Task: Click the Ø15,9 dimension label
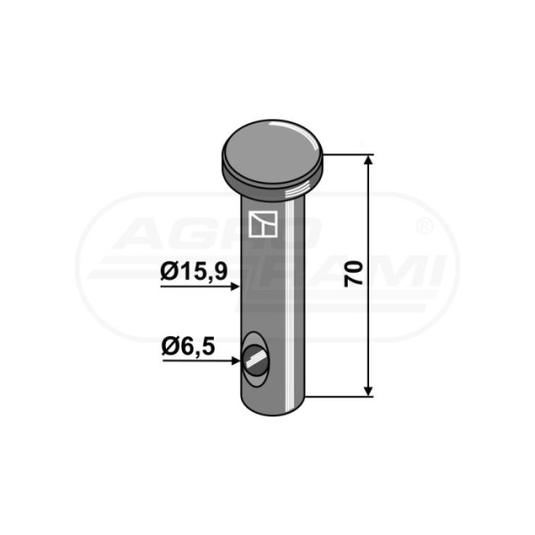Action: tap(193, 272)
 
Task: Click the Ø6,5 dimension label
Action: tap(188, 348)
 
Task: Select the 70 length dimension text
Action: tap(353, 274)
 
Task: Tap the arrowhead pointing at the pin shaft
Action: tap(235, 286)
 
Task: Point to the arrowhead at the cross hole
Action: tap(235, 360)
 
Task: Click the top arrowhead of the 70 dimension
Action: tap(368, 160)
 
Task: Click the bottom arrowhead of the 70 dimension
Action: tap(368, 391)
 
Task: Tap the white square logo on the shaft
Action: tap(262, 224)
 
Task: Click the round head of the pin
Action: tap(272, 160)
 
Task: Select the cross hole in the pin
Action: tap(256, 359)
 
